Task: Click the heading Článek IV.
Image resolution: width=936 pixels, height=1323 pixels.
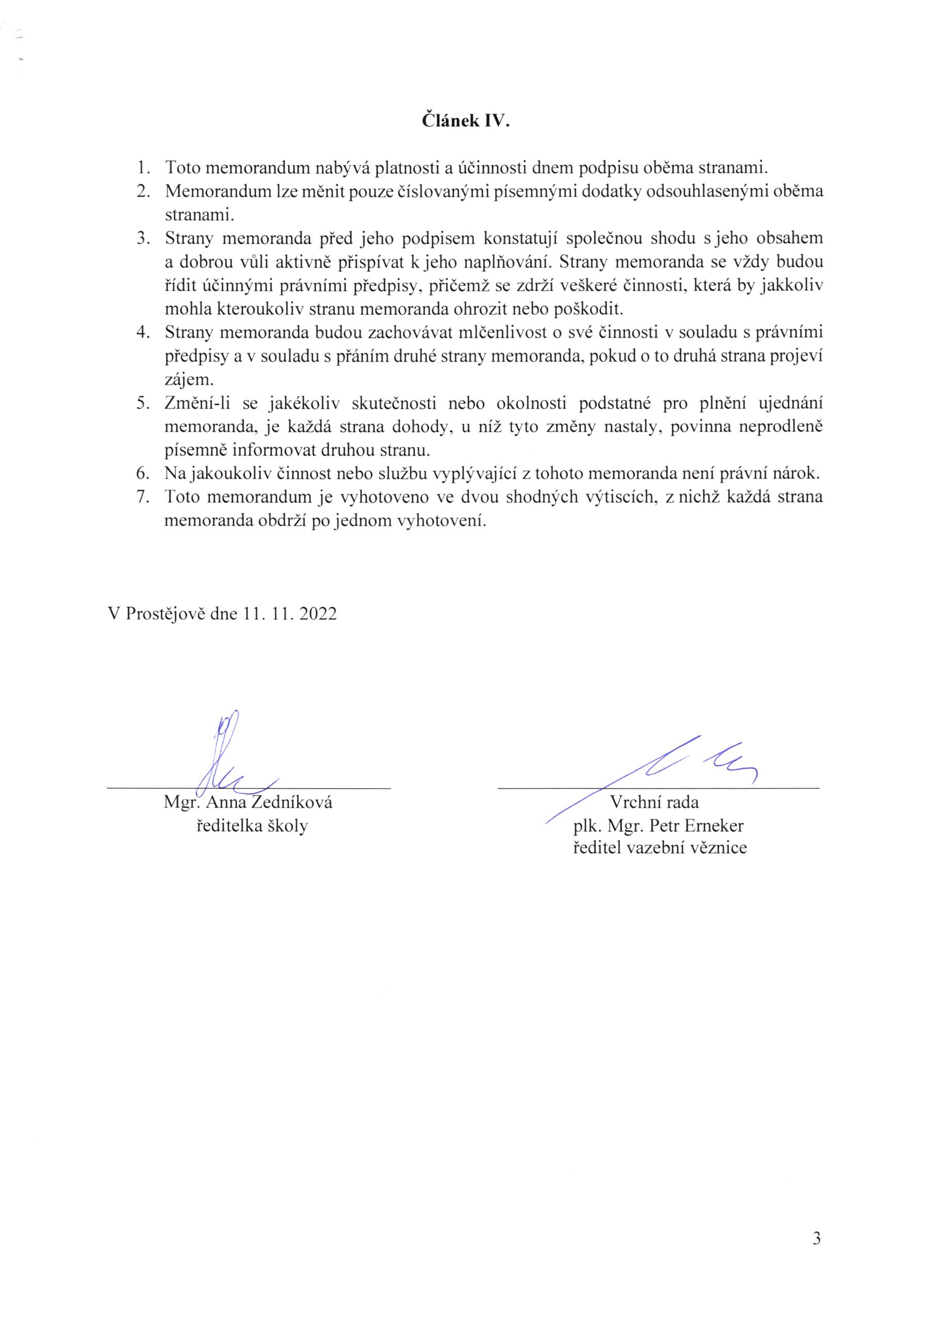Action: click(466, 121)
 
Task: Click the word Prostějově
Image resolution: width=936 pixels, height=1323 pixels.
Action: click(165, 613)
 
